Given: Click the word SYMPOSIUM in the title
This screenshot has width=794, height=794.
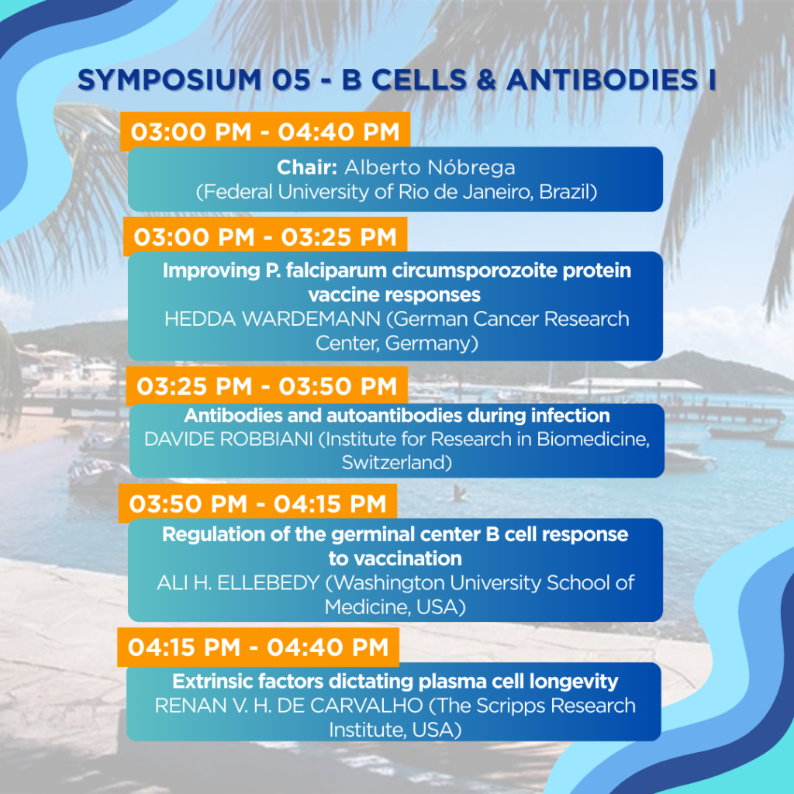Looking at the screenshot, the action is point(170,80).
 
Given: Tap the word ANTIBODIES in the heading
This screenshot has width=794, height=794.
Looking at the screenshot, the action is point(602,80).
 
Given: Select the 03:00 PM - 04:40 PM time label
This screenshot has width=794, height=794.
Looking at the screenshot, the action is point(265,132).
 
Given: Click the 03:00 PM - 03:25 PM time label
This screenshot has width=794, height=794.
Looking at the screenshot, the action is point(265,237).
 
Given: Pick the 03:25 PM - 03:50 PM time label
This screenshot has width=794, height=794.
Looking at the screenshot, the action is point(267,386).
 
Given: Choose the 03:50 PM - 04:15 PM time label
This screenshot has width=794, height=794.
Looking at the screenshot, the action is point(257,503).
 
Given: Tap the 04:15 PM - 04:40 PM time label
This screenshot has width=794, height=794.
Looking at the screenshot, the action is point(258,647).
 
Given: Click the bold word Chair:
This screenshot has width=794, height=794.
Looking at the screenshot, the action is point(307,167).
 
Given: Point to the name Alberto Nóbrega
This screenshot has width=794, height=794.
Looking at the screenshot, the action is point(430,167).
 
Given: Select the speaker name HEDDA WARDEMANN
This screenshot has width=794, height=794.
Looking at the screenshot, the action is point(272,319).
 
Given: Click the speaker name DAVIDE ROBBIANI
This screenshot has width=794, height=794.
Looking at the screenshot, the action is point(229,439).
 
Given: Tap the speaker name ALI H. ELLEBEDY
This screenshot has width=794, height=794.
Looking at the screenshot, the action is point(238,583).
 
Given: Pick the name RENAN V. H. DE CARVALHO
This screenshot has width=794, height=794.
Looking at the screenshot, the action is point(288,706).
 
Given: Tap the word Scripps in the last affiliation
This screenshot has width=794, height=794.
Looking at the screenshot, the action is point(511,706).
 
